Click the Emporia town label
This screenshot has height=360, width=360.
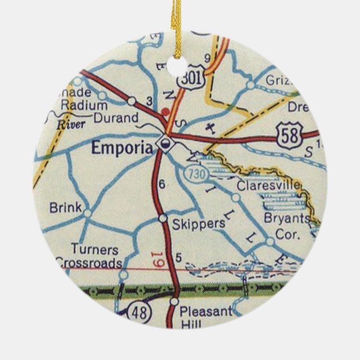[x=121, y=148]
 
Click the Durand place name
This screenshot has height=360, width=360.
[x=116, y=118]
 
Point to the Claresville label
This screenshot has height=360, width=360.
[x=269, y=185]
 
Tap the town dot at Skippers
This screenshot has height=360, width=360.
[x=162, y=218]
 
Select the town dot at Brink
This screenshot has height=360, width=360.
[x=87, y=212]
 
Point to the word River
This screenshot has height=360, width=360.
[x=71, y=125]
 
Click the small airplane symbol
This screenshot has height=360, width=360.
[x=211, y=127]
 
